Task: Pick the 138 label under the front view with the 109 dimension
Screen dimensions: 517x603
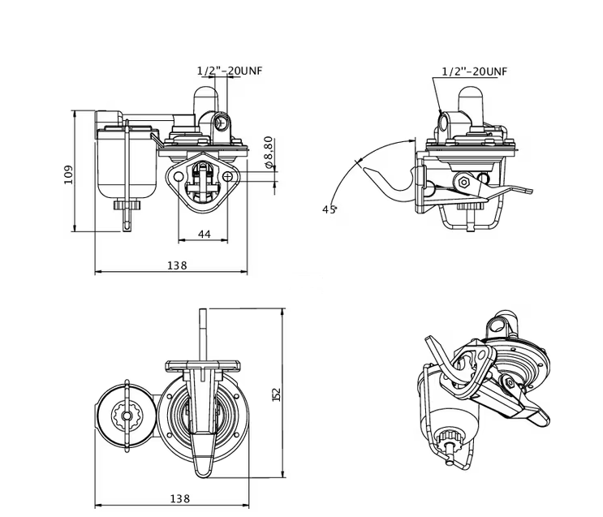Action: point(177,265)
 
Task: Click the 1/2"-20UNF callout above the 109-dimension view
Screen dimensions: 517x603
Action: point(230,70)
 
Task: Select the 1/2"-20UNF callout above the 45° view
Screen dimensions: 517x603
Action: point(475,71)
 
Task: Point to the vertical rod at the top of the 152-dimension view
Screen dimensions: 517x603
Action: point(202,333)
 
